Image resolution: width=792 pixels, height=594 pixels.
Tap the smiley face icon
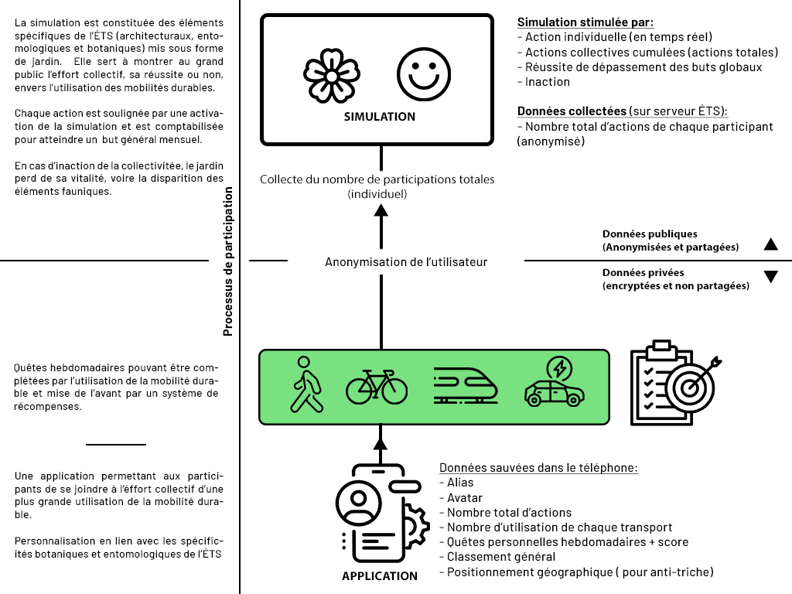pos(423,75)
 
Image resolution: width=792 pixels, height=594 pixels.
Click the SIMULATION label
pos(379,117)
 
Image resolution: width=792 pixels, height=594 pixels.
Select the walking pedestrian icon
pos(307,384)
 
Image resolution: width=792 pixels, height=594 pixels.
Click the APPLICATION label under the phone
pos(379,576)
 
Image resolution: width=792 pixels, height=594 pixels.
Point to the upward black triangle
pos(770,244)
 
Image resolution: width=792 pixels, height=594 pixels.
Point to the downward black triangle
pos(770,277)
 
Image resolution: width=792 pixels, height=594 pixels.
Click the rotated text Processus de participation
pos(228,261)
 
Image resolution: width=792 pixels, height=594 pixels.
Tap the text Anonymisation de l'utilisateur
pos(406,262)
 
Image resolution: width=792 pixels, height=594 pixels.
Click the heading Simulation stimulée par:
pos(585,22)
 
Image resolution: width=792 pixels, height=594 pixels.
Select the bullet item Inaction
pos(547,82)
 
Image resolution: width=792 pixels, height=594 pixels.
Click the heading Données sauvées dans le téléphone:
pos(538,468)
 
